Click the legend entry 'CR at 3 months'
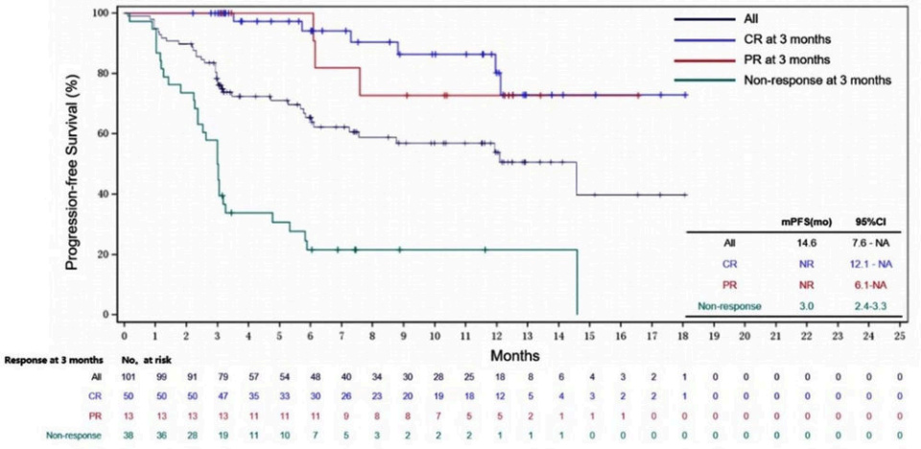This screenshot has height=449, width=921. (786, 38)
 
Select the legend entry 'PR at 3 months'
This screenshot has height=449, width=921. (786, 59)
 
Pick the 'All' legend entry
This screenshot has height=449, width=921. (754, 18)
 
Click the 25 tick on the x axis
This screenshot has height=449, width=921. (899, 338)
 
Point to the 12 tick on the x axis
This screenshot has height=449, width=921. (496, 338)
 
